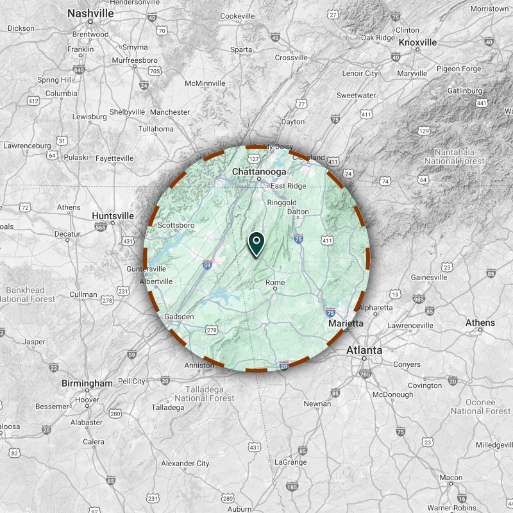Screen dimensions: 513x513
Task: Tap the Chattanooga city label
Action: pos(259,172)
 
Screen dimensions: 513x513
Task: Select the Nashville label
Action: pos(90,13)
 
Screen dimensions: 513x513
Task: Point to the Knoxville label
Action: pos(417,42)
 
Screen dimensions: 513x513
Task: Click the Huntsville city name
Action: pos(113,216)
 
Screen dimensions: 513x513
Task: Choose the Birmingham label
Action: pos(87,383)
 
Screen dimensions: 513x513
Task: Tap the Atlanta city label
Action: pos(364,350)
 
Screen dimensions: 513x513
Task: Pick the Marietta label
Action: pos(346,324)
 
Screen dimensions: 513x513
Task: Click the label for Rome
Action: pos(274,282)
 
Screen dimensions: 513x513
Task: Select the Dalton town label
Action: pos(298,212)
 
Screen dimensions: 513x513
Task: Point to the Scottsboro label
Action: pos(176,225)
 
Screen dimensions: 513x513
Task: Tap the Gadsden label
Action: pos(179,317)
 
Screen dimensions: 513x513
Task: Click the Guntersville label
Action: pos(147,269)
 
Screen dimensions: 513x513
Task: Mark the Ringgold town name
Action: pos(282,202)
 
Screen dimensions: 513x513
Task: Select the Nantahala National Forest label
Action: pos(450,156)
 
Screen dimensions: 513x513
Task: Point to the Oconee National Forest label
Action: pos(480,407)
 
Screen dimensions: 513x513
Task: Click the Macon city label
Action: pos(451,478)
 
